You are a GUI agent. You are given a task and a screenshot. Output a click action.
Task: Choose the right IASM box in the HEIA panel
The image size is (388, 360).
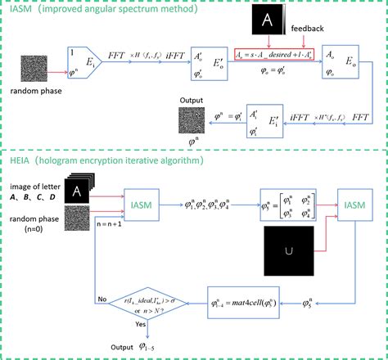350,202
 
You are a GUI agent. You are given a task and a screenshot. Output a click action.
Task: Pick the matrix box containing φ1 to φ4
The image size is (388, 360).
288,203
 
